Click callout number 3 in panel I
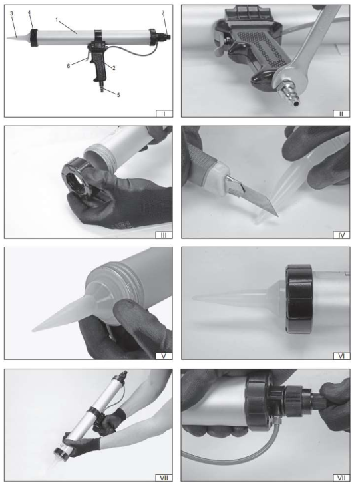11,13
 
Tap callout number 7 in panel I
163,13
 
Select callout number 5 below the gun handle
118,95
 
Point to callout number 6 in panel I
69,66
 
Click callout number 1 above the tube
57,20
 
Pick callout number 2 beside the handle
114,68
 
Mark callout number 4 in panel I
29,13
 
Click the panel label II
341,114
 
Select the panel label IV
341,235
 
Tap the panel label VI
341,356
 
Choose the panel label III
164,235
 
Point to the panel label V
164,356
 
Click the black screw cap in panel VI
299,299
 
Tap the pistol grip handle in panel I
100,66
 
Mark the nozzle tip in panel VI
193,298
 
